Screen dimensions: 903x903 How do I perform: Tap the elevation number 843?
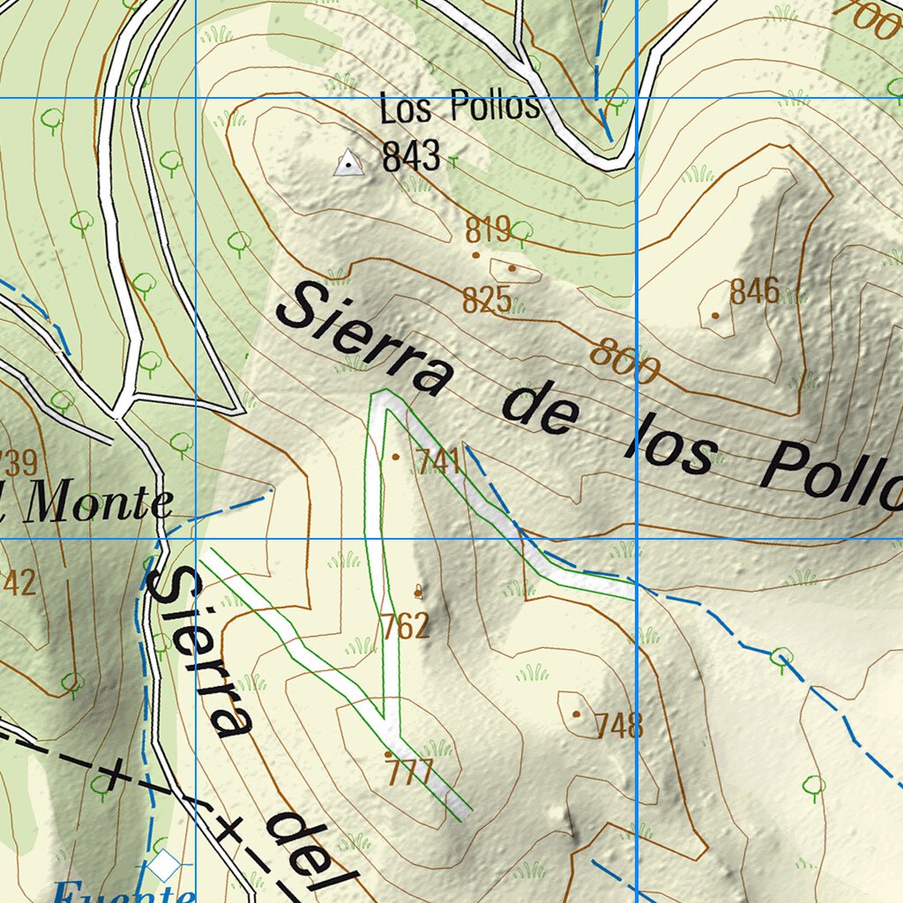[x=411, y=156]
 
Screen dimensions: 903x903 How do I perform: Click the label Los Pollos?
[x=459, y=108]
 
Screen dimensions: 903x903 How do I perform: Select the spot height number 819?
[x=488, y=230]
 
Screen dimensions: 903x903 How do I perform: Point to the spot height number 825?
[x=487, y=301]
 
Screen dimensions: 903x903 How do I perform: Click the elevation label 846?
[x=754, y=291]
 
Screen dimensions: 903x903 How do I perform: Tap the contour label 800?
[x=624, y=362]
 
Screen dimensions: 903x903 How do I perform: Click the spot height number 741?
[x=438, y=460]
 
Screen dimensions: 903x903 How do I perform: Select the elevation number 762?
[x=406, y=626]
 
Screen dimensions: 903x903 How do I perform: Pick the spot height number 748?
[x=619, y=727]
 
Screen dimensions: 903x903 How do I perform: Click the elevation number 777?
[x=409, y=774]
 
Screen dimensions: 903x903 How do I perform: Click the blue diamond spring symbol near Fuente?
[x=163, y=865]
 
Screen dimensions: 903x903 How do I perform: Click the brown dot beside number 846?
[x=714, y=315]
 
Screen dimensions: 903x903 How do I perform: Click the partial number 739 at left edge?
[x=18, y=461]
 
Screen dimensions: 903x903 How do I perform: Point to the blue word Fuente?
[x=123, y=892]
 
